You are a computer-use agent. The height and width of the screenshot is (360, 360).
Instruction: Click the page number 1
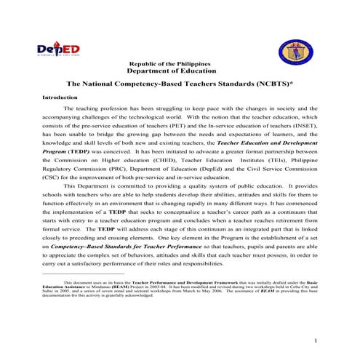(314, 340)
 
